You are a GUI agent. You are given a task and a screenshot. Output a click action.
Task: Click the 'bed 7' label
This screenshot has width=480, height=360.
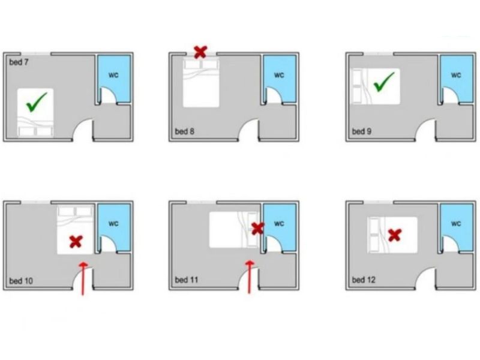19,62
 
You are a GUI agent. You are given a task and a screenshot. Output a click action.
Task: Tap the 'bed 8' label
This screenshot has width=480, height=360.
185,131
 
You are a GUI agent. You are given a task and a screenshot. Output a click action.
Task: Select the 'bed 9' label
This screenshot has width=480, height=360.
362,131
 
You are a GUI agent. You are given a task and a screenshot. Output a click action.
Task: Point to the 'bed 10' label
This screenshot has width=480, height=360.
21,281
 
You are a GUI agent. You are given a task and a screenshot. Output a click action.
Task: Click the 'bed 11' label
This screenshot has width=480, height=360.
187,280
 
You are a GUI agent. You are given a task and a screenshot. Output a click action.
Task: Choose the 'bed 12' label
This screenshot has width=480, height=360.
364,280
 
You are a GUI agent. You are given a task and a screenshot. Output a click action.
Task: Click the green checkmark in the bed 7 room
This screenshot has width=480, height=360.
37,102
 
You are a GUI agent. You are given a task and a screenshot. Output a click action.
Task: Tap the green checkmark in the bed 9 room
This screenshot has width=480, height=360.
384,82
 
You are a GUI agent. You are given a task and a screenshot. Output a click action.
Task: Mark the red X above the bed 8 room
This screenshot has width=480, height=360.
201,52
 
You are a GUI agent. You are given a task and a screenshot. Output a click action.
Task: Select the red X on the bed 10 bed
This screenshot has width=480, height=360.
76,242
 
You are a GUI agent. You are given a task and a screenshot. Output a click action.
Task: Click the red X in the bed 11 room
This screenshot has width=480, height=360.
258,229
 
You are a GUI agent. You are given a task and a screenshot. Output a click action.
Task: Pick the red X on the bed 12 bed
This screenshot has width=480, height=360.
395,235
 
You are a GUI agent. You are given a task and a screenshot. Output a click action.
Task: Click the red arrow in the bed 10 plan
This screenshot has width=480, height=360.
83,278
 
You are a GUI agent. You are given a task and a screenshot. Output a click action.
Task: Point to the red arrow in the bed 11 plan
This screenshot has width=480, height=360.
250,277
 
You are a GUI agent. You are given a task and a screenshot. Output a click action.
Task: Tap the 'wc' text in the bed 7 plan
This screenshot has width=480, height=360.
113,75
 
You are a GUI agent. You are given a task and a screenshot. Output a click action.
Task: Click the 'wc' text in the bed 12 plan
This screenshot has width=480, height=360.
456,223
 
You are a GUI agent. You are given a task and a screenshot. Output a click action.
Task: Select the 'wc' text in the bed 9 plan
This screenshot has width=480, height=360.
456,75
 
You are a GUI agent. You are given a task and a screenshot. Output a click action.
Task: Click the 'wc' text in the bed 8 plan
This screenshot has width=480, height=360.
279,75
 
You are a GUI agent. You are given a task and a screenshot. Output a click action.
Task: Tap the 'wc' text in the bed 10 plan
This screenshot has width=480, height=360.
113,223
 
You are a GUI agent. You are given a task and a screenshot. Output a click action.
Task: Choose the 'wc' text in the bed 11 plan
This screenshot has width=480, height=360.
279,223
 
